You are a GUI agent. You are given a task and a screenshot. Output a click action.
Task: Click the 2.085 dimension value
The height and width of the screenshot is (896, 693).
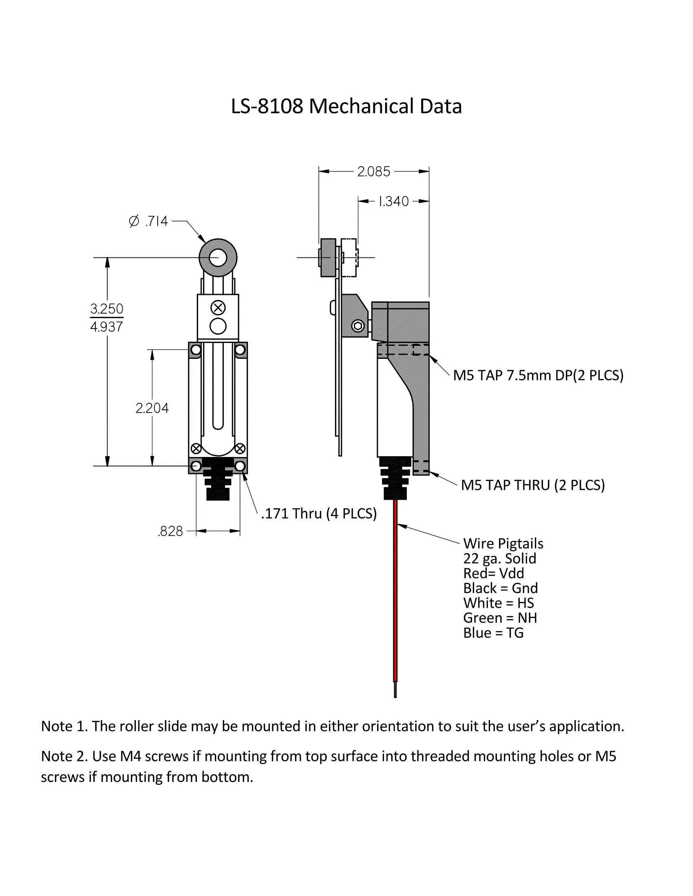point(373,171)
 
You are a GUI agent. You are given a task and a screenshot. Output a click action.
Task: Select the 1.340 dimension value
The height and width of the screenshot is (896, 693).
point(393,202)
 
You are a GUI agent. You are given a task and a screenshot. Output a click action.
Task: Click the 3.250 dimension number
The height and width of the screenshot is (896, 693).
point(107,309)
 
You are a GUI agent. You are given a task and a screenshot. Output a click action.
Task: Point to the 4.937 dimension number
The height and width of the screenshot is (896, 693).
point(107,327)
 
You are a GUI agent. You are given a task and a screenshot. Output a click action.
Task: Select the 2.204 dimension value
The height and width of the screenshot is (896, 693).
point(152,408)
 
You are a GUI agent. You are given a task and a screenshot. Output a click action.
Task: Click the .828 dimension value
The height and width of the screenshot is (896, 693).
point(170,531)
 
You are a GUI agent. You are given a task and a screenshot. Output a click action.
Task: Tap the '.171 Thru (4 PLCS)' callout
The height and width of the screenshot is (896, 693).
point(319,514)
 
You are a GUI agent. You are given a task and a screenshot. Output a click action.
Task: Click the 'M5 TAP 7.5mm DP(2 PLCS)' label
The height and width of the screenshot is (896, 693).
point(538,376)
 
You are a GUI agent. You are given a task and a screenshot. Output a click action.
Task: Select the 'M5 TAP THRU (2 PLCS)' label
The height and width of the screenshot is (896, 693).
point(532,485)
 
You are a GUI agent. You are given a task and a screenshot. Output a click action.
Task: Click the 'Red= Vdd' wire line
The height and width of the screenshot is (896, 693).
point(494,573)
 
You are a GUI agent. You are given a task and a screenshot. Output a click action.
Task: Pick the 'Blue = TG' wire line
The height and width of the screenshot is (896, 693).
point(493,633)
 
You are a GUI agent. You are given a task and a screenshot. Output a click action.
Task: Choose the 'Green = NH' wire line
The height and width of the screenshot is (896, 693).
point(500,618)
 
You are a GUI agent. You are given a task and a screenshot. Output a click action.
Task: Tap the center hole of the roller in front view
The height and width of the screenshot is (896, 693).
point(218,258)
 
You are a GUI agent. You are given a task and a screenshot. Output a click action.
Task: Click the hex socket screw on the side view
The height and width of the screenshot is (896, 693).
point(358,326)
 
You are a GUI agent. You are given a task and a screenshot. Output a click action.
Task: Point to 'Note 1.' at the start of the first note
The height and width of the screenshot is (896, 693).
point(64,727)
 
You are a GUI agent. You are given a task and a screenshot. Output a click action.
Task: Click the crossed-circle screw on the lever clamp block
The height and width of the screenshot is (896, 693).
point(218,307)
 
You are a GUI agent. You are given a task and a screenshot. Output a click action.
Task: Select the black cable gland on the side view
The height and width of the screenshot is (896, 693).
point(395,478)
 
